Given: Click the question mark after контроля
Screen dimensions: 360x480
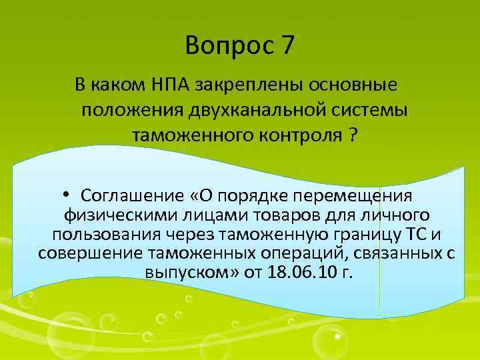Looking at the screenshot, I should [351, 135].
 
